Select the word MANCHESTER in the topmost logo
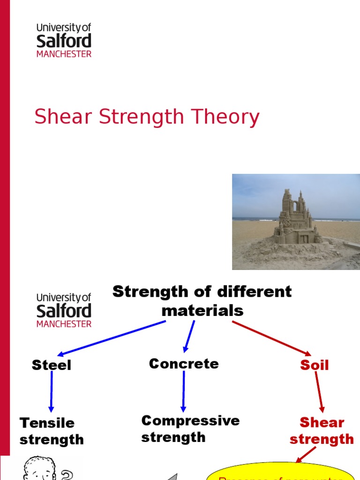pos(64,54)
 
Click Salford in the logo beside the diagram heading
pos(64,311)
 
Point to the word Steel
pos(51,365)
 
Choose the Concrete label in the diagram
pos(184,364)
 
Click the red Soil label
pos(315,365)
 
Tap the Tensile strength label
pos(51,431)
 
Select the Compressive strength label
pos(190,429)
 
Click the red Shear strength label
pos(322,431)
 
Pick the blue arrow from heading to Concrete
pos(189,336)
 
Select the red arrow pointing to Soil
pos(272,338)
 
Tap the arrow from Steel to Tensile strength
pos(51,392)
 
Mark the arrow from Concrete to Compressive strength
pos(183,391)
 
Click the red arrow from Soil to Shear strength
pos(319,392)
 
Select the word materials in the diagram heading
pos(202,310)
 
